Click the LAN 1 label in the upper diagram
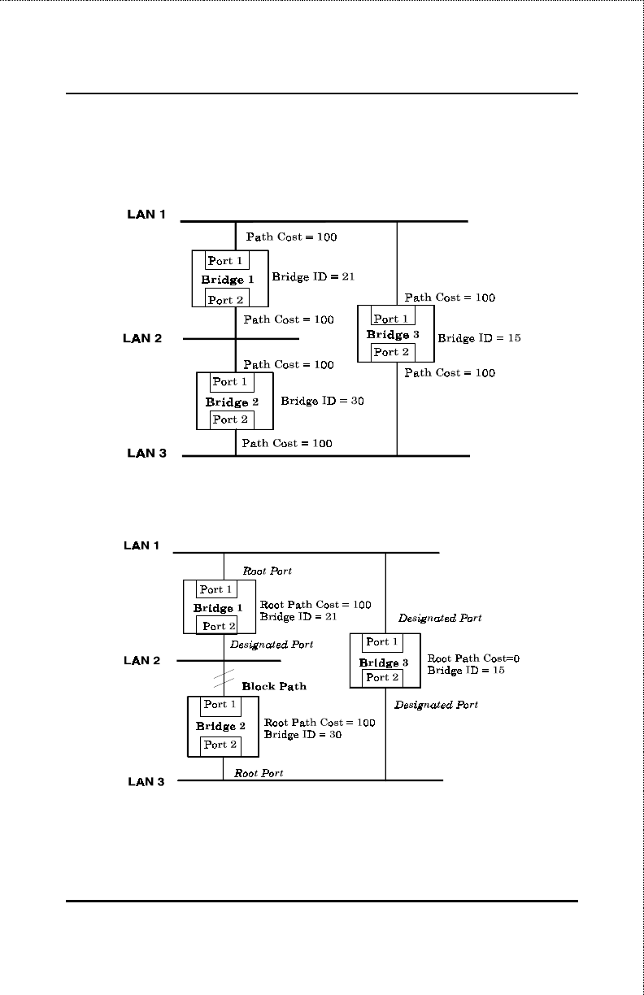click(x=146, y=215)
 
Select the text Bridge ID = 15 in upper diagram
click(x=479, y=337)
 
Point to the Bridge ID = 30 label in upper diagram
click(x=322, y=401)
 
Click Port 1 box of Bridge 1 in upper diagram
click(x=226, y=261)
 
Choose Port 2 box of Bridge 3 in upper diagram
click(x=392, y=352)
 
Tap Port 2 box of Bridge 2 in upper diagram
click(x=231, y=419)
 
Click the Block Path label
click(x=274, y=686)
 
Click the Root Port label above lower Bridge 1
click(x=267, y=571)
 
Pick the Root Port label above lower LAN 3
click(x=259, y=773)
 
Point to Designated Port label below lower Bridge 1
click(x=271, y=645)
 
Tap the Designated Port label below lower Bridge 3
click(x=436, y=705)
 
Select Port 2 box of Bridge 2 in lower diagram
click(x=220, y=745)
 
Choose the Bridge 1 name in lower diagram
click(x=218, y=608)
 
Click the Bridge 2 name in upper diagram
click(x=227, y=402)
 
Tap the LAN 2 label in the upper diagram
click(x=141, y=338)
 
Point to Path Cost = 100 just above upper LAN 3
click(x=287, y=443)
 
